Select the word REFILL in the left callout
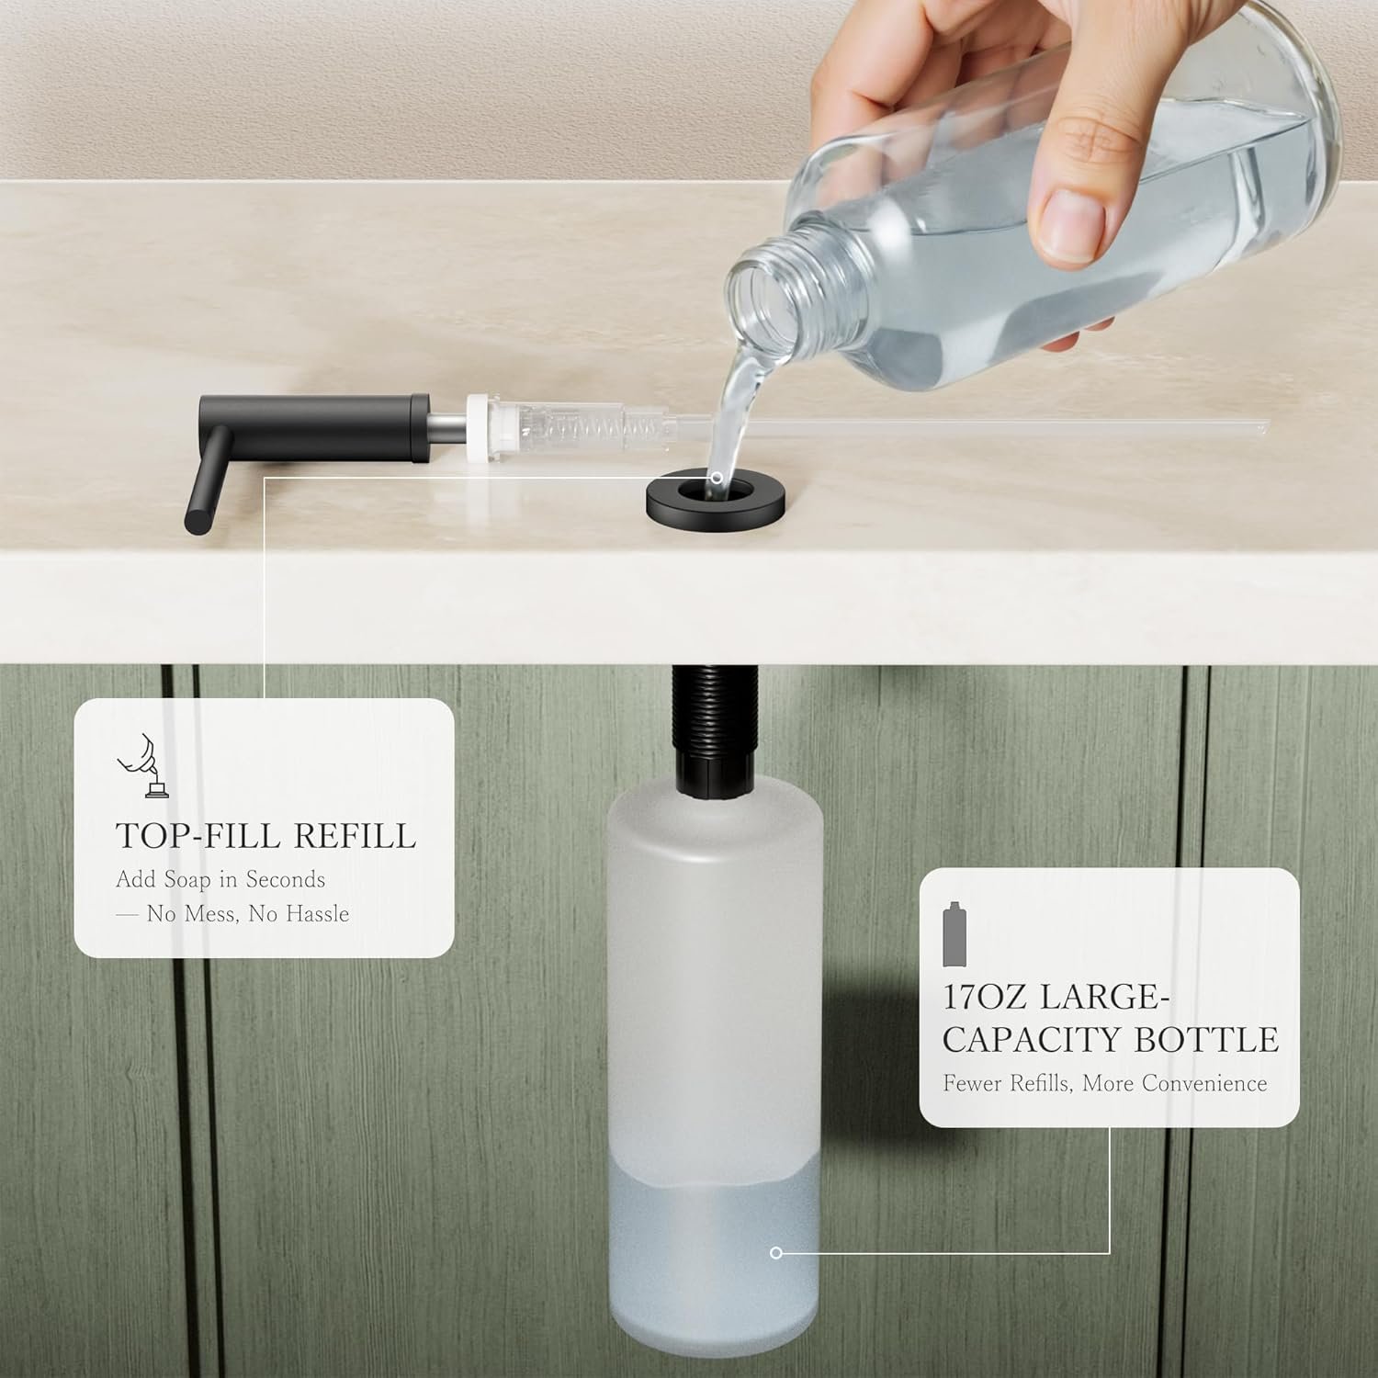[355, 836]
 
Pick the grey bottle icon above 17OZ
[957, 934]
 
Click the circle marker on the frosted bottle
[776, 1252]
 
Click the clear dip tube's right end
[1267, 424]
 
